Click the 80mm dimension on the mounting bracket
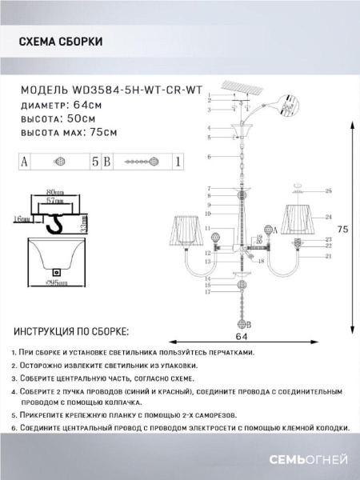[56, 194]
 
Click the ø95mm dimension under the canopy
[57, 282]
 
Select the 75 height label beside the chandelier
[342, 230]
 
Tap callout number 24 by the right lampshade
[329, 217]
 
